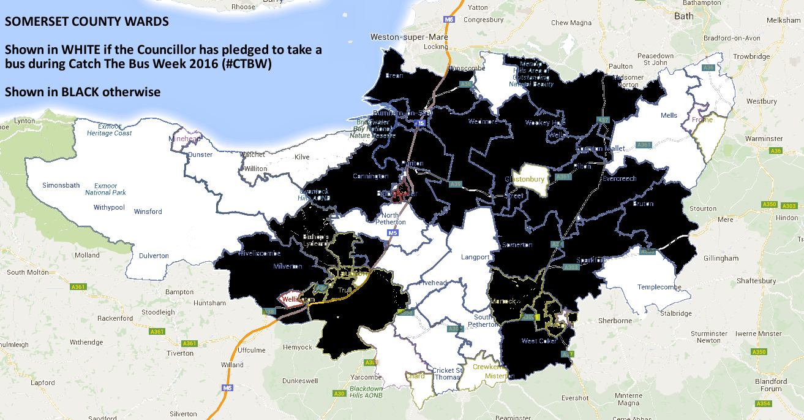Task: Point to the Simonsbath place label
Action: coord(61,185)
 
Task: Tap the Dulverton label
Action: coord(154,256)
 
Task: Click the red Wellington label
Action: coord(298,299)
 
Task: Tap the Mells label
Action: coord(669,115)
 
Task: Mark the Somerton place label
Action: coord(517,245)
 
